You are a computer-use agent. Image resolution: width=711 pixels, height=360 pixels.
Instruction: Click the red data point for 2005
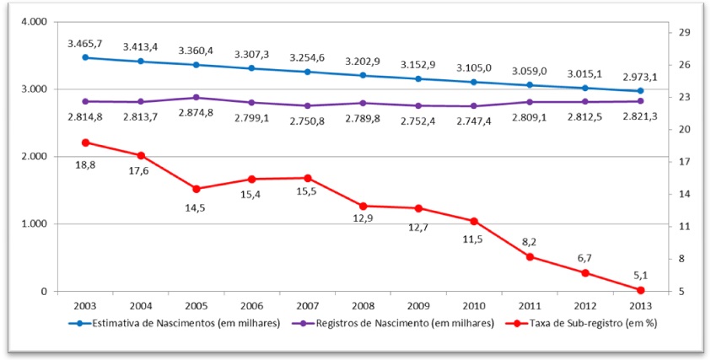click(x=196, y=189)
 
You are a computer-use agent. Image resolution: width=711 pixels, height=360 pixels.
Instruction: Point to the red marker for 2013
click(x=641, y=290)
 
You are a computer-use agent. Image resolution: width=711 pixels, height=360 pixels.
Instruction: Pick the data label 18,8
click(x=85, y=165)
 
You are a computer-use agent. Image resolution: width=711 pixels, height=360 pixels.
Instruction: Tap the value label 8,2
click(x=530, y=241)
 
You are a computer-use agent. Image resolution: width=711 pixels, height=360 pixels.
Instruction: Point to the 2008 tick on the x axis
click(x=363, y=305)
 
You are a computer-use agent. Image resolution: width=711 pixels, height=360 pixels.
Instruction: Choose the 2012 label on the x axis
click(x=585, y=305)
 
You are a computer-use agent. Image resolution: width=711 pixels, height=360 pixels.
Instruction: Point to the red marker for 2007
click(x=307, y=178)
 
